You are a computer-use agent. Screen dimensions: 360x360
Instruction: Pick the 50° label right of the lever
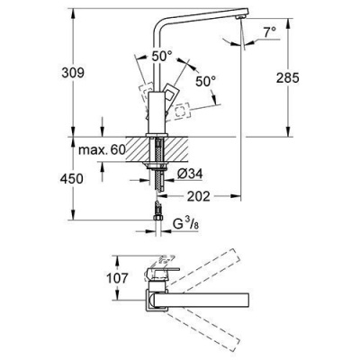tap(206, 81)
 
